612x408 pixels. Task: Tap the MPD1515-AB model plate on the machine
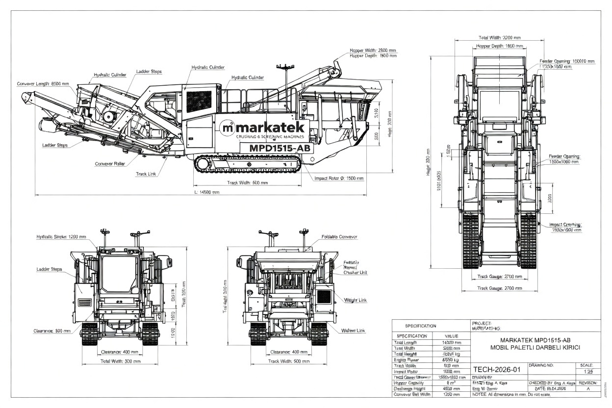pyautogui.click(x=280, y=148)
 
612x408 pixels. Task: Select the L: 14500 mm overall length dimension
pyautogui.click(x=206, y=192)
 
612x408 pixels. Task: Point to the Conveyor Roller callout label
pyautogui.click(x=110, y=164)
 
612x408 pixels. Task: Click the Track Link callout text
pyautogui.click(x=146, y=174)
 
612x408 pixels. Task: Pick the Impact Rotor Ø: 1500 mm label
pyautogui.click(x=339, y=178)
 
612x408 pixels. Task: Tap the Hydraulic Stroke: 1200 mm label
pyautogui.click(x=61, y=236)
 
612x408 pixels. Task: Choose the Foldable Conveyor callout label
pyautogui.click(x=339, y=237)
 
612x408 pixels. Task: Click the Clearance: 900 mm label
pyautogui.click(x=52, y=331)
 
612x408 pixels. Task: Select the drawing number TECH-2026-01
pyautogui.click(x=496, y=369)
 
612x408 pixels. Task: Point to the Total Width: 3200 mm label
pyautogui.click(x=499, y=37)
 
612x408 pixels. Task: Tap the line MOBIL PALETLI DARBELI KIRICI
pyautogui.click(x=535, y=347)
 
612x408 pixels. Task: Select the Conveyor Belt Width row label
pyautogui.click(x=412, y=394)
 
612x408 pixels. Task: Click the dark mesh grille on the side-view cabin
pyautogui.click(x=199, y=101)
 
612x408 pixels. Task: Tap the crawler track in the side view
pyautogui.click(x=248, y=164)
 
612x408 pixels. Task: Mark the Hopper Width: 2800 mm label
pyautogui.click(x=372, y=50)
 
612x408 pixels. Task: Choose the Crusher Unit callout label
pyautogui.click(x=356, y=272)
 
